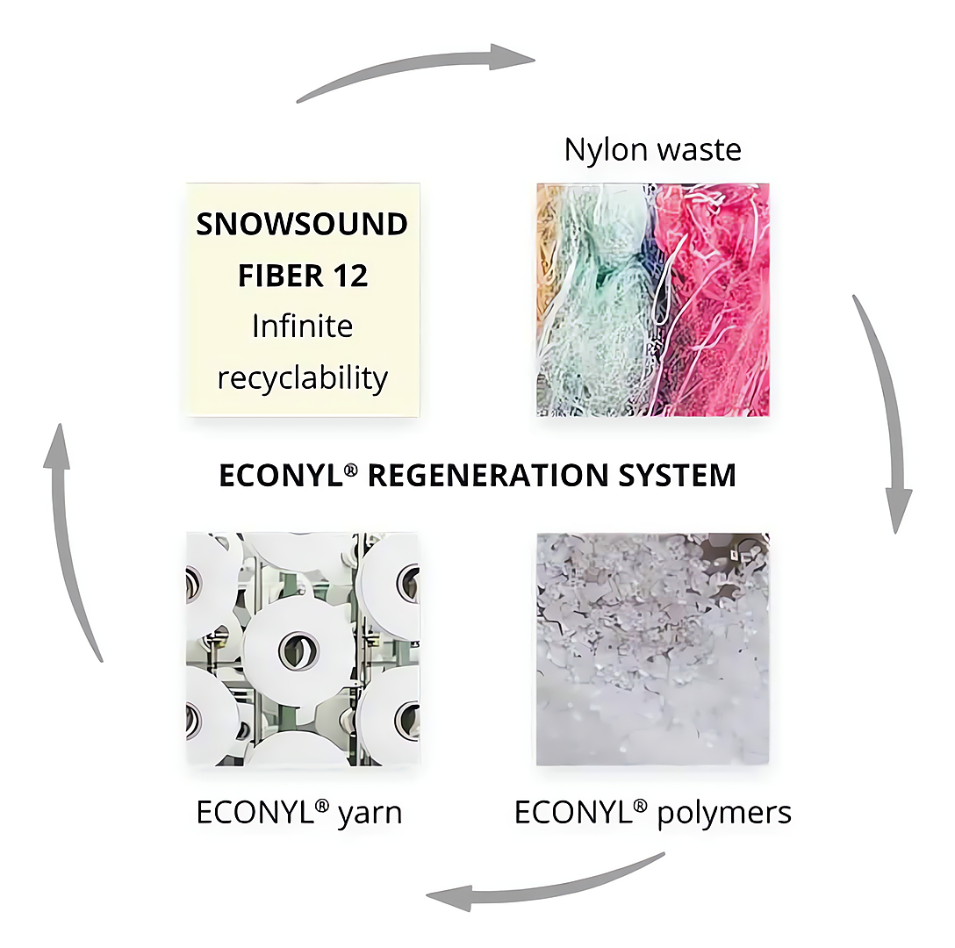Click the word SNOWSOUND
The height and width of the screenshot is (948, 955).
click(302, 224)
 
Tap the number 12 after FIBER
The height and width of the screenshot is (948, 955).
click(346, 276)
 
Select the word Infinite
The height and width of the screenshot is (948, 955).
click(302, 327)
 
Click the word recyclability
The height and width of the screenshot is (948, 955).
click(302, 378)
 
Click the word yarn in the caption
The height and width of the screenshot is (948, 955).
click(370, 813)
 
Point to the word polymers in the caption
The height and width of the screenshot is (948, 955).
click(725, 813)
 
